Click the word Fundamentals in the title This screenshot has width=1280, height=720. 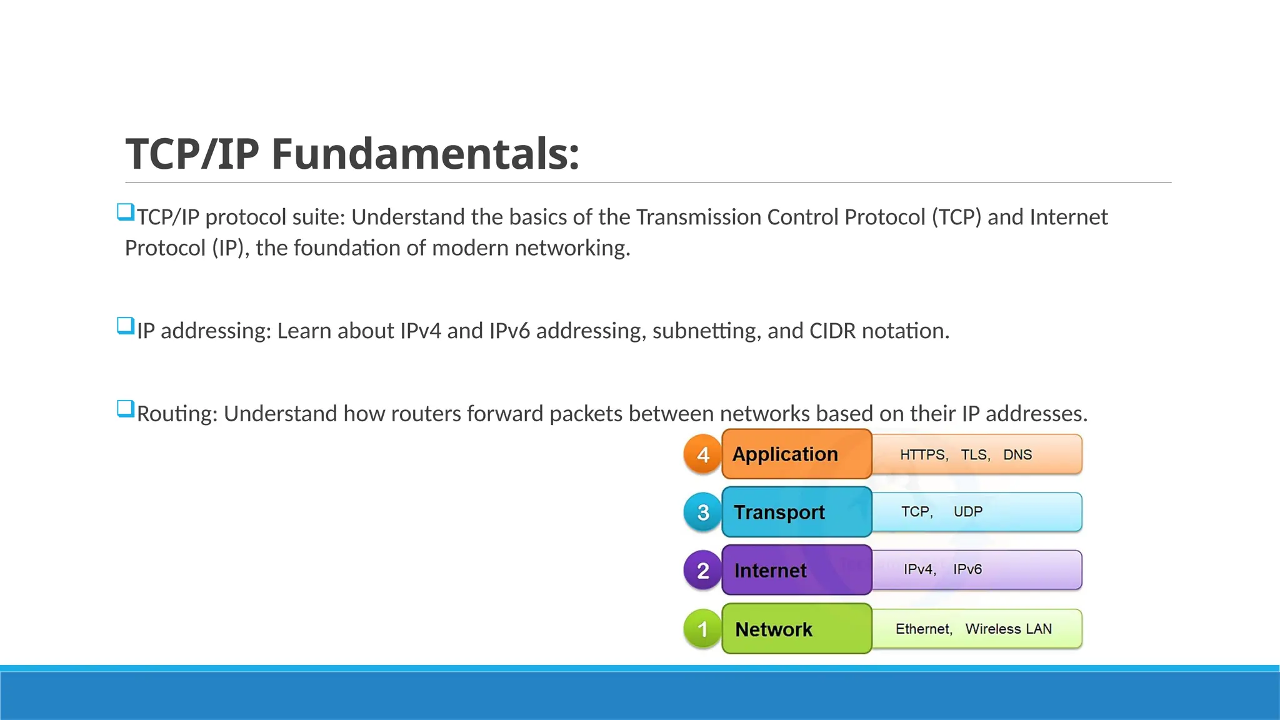425,154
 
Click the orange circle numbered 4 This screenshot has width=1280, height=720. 703,454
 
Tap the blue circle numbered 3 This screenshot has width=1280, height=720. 703,512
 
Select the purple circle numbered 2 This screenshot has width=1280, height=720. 703,571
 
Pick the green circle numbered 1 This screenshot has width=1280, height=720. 703,629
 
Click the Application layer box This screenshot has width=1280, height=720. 796,454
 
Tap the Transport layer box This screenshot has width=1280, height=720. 796,512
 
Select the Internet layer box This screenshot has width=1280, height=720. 796,571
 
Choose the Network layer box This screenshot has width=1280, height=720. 796,629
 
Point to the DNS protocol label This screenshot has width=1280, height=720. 1017,455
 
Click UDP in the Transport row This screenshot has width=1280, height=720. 968,512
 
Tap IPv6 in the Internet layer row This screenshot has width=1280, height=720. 967,569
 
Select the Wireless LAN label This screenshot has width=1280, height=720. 1008,629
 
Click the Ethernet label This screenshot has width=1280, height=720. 923,629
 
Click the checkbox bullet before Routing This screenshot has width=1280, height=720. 126,409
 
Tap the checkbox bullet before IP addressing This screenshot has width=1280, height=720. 126,326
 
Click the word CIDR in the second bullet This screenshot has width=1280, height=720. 832,331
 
